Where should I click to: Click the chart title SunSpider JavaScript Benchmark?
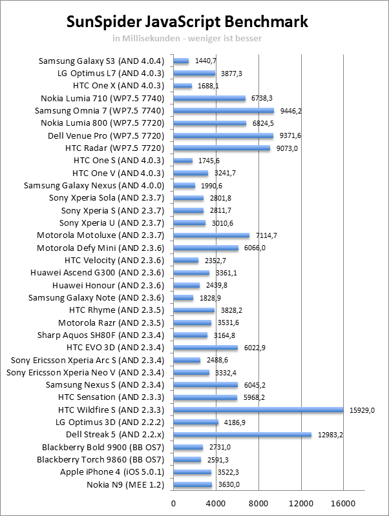coord(188,22)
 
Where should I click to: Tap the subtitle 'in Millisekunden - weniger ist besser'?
coord(187,37)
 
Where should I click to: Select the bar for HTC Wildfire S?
coord(258,410)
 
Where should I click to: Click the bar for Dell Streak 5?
coord(242,435)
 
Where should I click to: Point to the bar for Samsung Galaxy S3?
coord(181,61)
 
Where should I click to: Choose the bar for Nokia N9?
coord(193,484)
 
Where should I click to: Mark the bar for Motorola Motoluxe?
coord(211,235)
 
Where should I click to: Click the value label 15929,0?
coord(363,410)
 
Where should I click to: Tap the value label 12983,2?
coord(331,435)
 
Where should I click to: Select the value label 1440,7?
coord(205,61)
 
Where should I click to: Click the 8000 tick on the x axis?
coord(258,503)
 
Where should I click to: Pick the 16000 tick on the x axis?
coord(343,503)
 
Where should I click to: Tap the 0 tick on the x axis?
coord(173,503)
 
